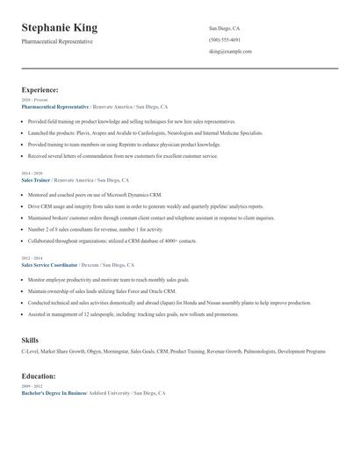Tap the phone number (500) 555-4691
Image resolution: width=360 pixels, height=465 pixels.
(225, 40)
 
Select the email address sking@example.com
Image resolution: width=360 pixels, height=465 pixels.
(230, 52)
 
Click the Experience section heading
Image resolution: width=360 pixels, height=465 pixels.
(40, 89)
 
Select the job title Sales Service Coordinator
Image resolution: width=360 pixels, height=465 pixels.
(49, 264)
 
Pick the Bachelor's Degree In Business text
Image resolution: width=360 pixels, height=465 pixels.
(53, 393)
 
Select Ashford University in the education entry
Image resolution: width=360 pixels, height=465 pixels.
(110, 393)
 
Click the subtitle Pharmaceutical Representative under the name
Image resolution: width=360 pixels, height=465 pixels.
(57, 42)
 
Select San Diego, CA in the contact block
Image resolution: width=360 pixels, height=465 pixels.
(225, 28)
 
